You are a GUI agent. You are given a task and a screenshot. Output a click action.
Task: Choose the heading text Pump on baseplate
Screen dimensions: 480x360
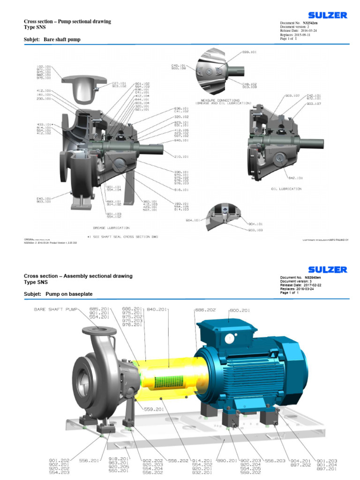point(69,294)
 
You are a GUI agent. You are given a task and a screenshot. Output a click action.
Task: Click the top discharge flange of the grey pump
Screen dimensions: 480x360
point(99,331)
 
